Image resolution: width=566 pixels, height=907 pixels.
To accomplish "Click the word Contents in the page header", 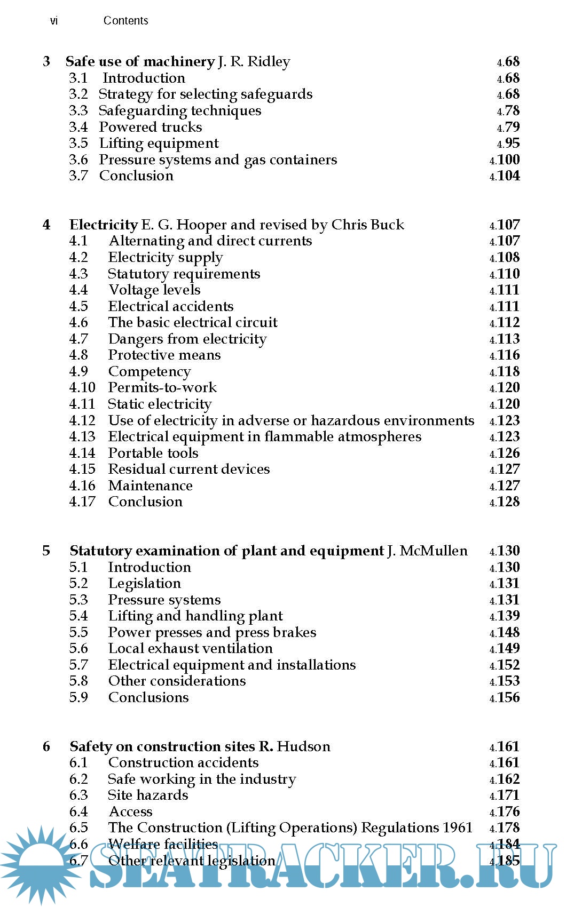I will tap(125, 21).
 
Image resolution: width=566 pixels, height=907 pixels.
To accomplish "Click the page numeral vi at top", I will tap(54, 21).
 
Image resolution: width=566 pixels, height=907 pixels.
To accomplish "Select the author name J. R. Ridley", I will tap(254, 62).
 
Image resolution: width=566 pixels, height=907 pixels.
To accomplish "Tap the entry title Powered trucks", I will tap(151, 127).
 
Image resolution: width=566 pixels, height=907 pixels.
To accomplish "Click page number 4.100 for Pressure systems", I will tap(505, 160).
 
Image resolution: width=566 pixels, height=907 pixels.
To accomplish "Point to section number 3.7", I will tap(78, 176).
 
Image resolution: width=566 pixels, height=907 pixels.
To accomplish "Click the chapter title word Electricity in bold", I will tap(104, 225).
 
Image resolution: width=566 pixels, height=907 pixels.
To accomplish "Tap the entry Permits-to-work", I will tap(162, 387).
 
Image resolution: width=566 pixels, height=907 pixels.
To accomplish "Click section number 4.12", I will tap(82, 420).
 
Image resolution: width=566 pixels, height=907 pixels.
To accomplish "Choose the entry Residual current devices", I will tap(189, 469).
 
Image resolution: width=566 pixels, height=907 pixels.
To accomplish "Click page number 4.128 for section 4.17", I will tap(505, 502).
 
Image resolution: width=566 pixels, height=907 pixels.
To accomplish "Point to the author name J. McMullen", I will tap(427, 551).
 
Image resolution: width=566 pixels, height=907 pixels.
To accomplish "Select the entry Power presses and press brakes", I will tap(212, 632).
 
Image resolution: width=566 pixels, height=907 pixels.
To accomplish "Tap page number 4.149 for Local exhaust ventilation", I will tap(505, 648).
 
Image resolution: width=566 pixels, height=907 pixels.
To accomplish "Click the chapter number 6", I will tap(46, 746).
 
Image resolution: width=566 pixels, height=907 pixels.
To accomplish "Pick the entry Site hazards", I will tap(148, 795).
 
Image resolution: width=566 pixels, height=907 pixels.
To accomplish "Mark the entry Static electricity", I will tap(160, 404).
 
